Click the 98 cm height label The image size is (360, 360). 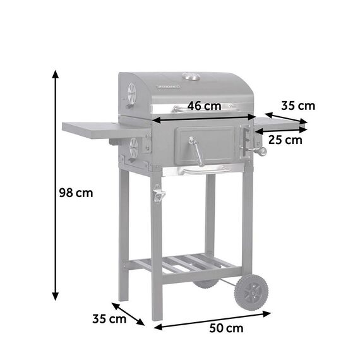76,193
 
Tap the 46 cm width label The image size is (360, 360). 204,106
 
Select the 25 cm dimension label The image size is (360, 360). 285,140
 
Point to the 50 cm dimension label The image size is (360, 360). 226,328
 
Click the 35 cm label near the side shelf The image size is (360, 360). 298,106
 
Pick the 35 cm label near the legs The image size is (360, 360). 109,319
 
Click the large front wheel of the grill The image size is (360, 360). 251,292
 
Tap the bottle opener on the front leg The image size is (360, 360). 159,195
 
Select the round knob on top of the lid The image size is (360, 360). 191,76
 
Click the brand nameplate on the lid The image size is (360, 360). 169,87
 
